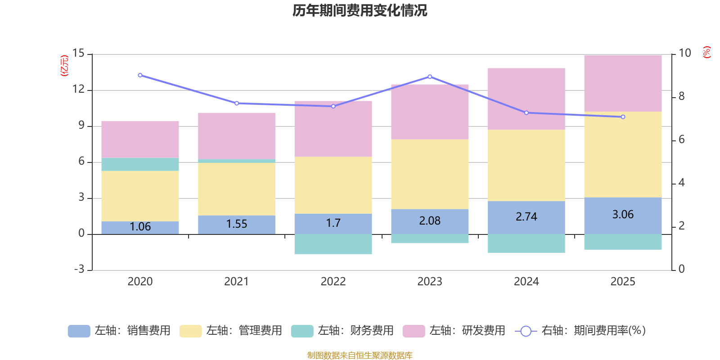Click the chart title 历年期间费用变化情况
(x=360, y=10)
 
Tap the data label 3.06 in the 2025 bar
(x=623, y=215)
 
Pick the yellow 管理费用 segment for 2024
(x=526, y=165)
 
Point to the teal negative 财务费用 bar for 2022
(x=333, y=244)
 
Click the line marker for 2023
(x=430, y=76)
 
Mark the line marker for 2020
(x=140, y=75)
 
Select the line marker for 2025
(x=623, y=117)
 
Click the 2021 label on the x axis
(x=236, y=282)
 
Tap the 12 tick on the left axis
(x=79, y=90)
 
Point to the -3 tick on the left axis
(x=80, y=269)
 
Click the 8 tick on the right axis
(x=681, y=96)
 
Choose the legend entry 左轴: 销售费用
(x=119, y=331)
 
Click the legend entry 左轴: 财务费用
(x=342, y=331)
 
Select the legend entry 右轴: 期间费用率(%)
(x=580, y=331)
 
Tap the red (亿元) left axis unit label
(x=64, y=66)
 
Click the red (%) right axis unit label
(x=707, y=52)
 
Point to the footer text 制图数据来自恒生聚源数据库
(x=360, y=355)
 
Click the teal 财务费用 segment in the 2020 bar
(x=140, y=164)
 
